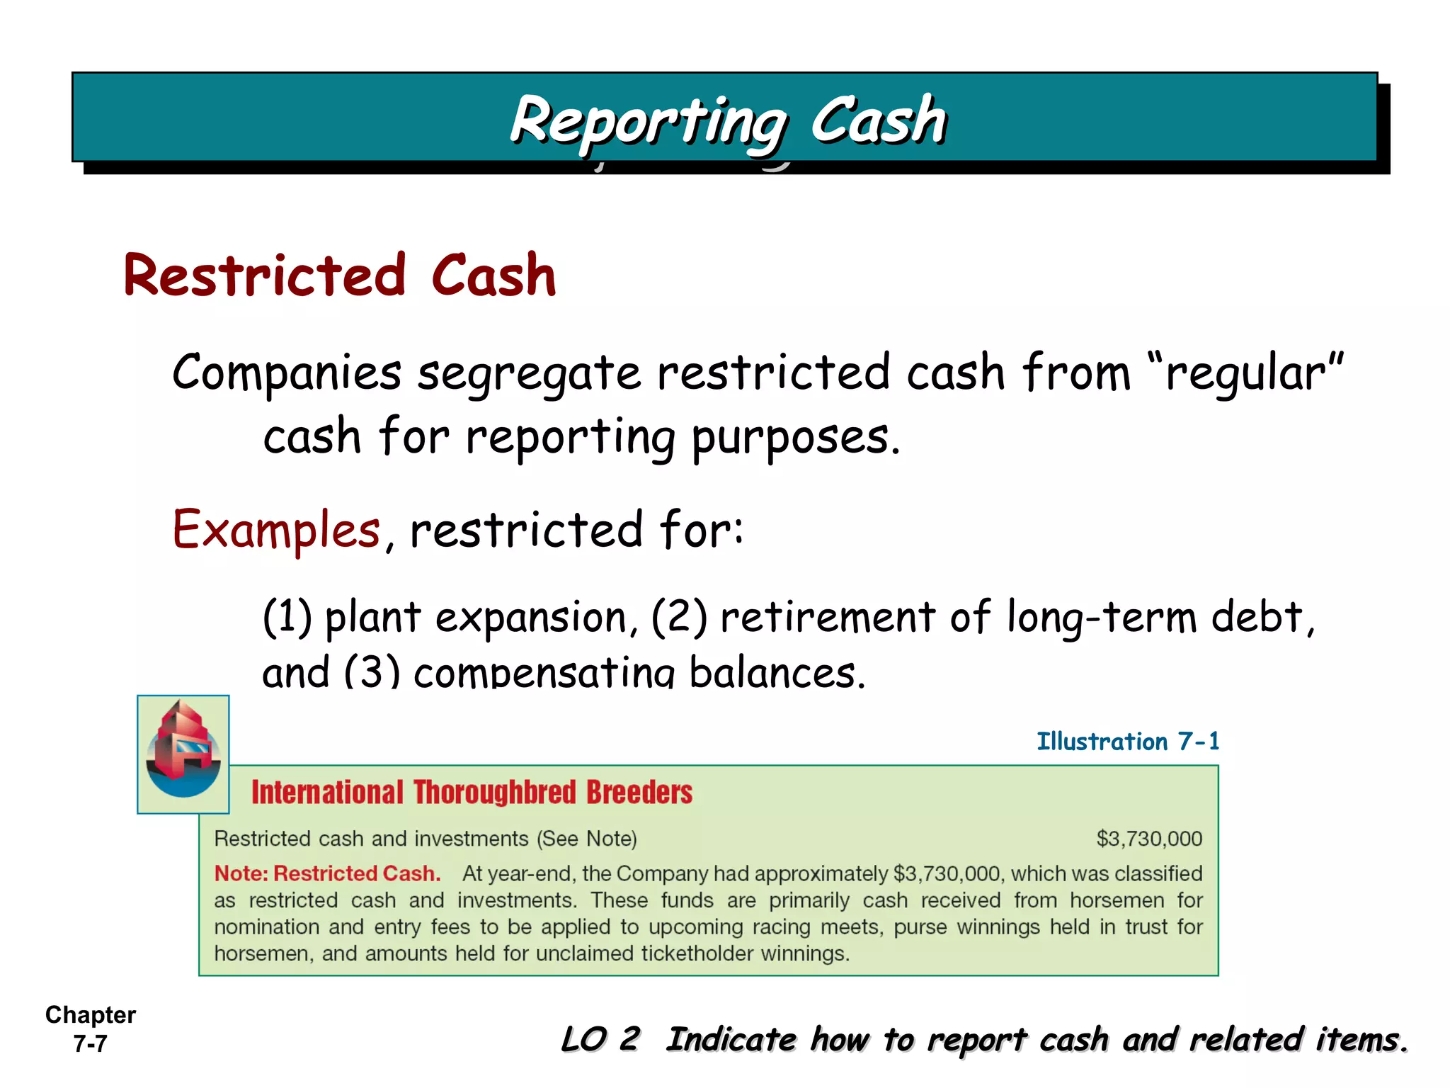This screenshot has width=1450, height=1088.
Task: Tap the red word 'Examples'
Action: click(x=276, y=529)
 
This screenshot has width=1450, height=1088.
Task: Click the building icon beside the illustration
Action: click(x=183, y=754)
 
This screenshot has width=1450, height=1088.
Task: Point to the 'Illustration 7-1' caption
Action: click(x=1128, y=742)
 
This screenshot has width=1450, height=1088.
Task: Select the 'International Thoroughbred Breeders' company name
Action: click(x=472, y=793)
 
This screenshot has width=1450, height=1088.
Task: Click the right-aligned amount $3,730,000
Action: click(x=1149, y=839)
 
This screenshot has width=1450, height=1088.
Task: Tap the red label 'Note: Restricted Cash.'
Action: click(x=328, y=873)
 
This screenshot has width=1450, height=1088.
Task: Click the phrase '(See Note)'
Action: click(x=587, y=839)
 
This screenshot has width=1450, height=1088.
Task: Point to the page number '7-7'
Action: click(x=91, y=1043)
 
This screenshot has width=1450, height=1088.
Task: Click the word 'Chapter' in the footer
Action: click(x=91, y=1015)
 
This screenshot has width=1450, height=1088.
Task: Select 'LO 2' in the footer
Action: click(x=600, y=1039)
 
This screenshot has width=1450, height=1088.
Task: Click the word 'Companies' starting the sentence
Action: click(x=287, y=373)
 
